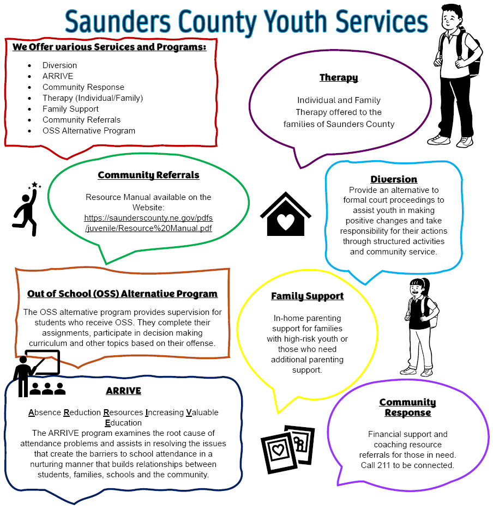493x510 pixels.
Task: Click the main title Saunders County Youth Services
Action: pyautogui.click(x=246, y=22)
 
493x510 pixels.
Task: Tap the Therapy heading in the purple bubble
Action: pyautogui.click(x=339, y=78)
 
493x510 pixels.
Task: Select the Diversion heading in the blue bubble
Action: pyautogui.click(x=394, y=179)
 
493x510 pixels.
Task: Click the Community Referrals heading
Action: pyautogui.click(x=148, y=175)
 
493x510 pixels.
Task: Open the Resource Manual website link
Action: pyautogui.click(x=148, y=223)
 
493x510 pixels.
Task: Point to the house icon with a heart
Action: pyautogui.click(x=285, y=214)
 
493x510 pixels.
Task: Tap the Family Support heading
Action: pyautogui.click(x=308, y=296)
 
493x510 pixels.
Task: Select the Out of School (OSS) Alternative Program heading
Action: pyautogui.click(x=122, y=294)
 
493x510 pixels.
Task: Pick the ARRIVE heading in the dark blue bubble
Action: pyautogui.click(x=123, y=391)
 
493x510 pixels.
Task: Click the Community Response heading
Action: pyautogui.click(x=407, y=408)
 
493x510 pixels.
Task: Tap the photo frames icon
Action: pyautogui.click(x=287, y=449)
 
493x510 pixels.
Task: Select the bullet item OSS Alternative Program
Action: pyautogui.click(x=89, y=131)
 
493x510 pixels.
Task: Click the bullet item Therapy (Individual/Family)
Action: pyautogui.click(x=93, y=98)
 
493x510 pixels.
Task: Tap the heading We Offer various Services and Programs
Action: pyautogui.click(x=110, y=47)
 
